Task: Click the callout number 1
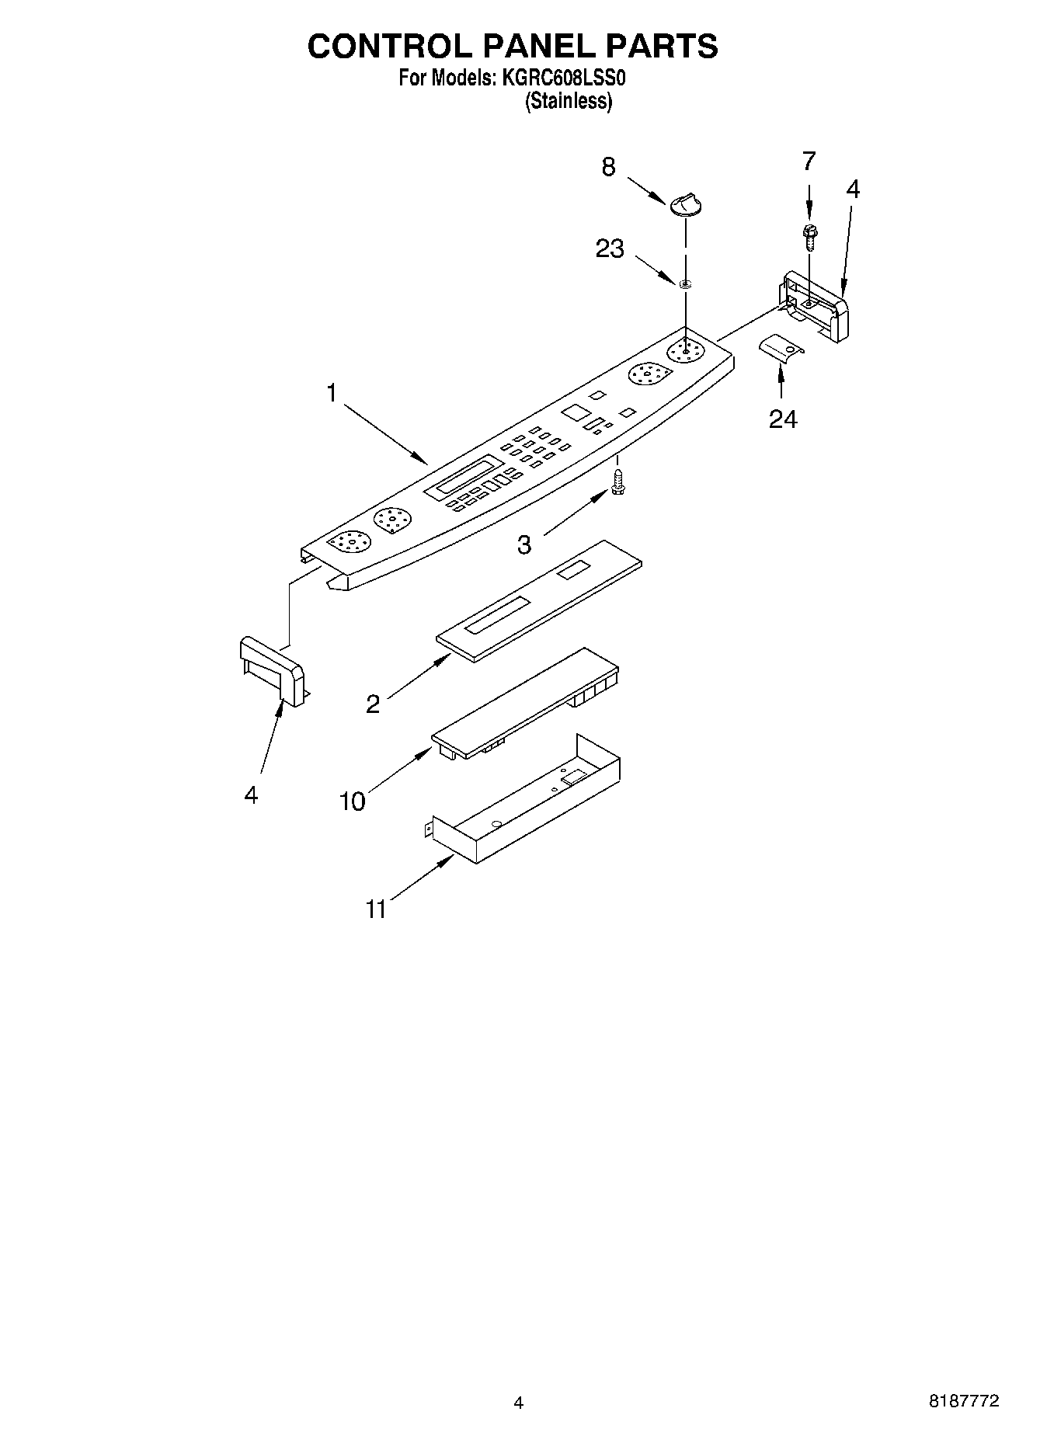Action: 332,394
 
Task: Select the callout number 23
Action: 610,249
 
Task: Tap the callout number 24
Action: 783,419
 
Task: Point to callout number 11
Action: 376,909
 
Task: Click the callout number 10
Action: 352,801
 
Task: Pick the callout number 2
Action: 373,704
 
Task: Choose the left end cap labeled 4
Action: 272,669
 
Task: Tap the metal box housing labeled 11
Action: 528,805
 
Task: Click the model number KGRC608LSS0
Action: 561,78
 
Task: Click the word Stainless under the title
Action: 569,101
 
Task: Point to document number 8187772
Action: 963,1402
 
